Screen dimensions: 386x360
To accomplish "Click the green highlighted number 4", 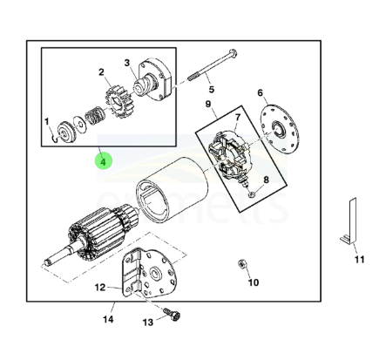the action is tap(103, 162).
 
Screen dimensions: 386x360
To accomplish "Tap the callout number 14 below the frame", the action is tap(108, 319).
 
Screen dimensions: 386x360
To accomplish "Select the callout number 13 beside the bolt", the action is tap(148, 322).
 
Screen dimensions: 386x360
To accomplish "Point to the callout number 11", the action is tap(359, 260).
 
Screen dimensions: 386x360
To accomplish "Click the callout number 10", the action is tap(254, 282).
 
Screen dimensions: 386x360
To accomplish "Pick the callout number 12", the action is tap(100, 288).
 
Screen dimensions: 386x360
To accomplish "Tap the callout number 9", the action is tap(208, 104).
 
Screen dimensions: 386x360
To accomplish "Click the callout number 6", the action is tap(260, 92).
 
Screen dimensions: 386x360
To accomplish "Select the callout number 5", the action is tap(212, 89).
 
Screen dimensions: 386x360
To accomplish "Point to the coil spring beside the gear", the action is tap(94, 116).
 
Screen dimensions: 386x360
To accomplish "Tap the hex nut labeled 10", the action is tap(241, 264).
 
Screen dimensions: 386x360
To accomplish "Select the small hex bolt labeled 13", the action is tap(173, 315).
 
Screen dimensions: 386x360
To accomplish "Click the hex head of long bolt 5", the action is tap(234, 53).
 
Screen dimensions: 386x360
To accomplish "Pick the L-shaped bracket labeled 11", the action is tap(349, 221).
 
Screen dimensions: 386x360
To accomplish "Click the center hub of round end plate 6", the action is tap(278, 129).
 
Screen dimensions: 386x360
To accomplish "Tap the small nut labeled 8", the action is tap(252, 194).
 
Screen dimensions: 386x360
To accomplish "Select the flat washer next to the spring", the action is tap(79, 124).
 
